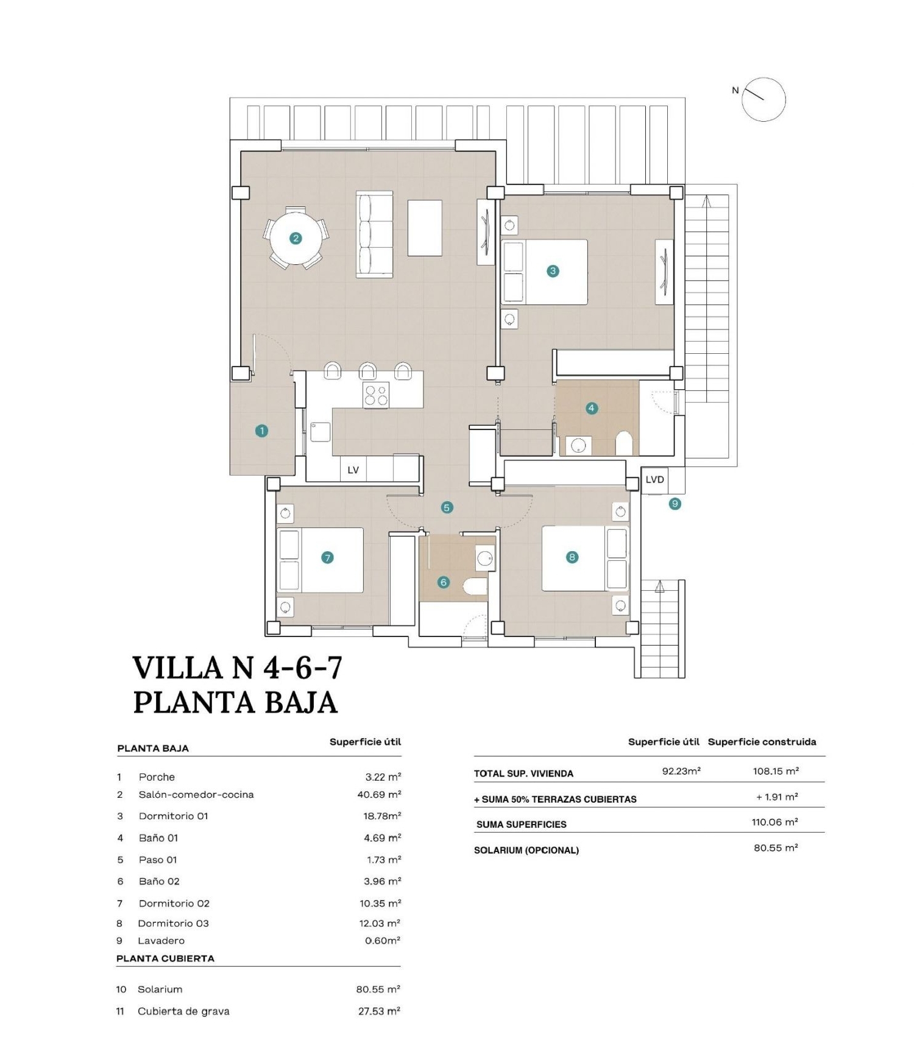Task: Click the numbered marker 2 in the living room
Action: [296, 238]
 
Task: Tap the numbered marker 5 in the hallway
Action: [447, 507]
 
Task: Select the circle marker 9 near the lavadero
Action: [675, 504]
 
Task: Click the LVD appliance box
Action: [655, 480]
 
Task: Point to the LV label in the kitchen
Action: [353, 470]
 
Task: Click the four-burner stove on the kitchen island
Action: [376, 395]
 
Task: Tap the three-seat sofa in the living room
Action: [374, 234]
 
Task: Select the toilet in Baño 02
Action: [475, 586]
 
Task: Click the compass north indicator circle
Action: [763, 99]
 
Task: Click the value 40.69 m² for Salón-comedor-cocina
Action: [379, 795]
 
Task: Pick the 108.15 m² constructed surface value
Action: [776, 771]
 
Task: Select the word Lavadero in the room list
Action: [161, 940]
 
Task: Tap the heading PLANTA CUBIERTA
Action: [165, 958]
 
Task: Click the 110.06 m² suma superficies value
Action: [774, 822]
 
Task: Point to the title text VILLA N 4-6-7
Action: [238, 667]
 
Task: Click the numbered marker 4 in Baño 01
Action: [592, 408]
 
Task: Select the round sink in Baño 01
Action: [578, 446]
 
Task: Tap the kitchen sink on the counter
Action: [321, 431]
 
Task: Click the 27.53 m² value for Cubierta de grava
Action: [379, 1011]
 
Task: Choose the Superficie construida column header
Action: [762, 742]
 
